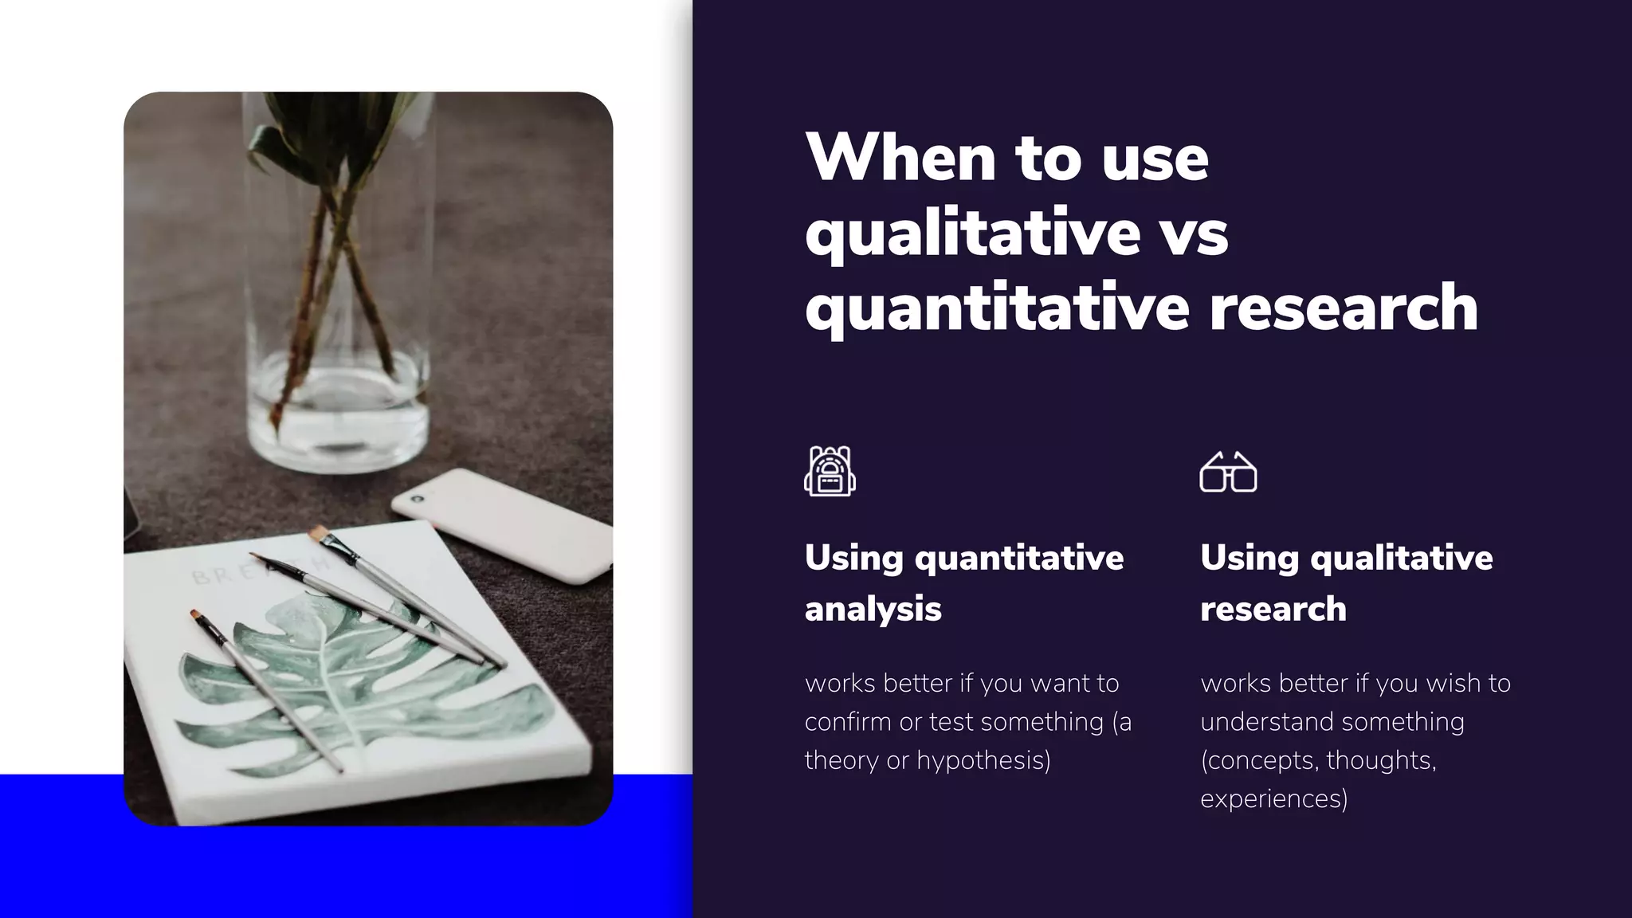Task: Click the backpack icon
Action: coord(830,471)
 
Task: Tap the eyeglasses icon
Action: coord(1228,472)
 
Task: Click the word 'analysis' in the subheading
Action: coord(873,609)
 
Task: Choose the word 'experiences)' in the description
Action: coord(1274,798)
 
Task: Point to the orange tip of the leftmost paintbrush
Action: coord(194,614)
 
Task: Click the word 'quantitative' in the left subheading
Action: coord(1019,558)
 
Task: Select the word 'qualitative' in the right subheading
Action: coord(1402,558)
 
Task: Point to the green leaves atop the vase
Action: coord(335,127)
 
